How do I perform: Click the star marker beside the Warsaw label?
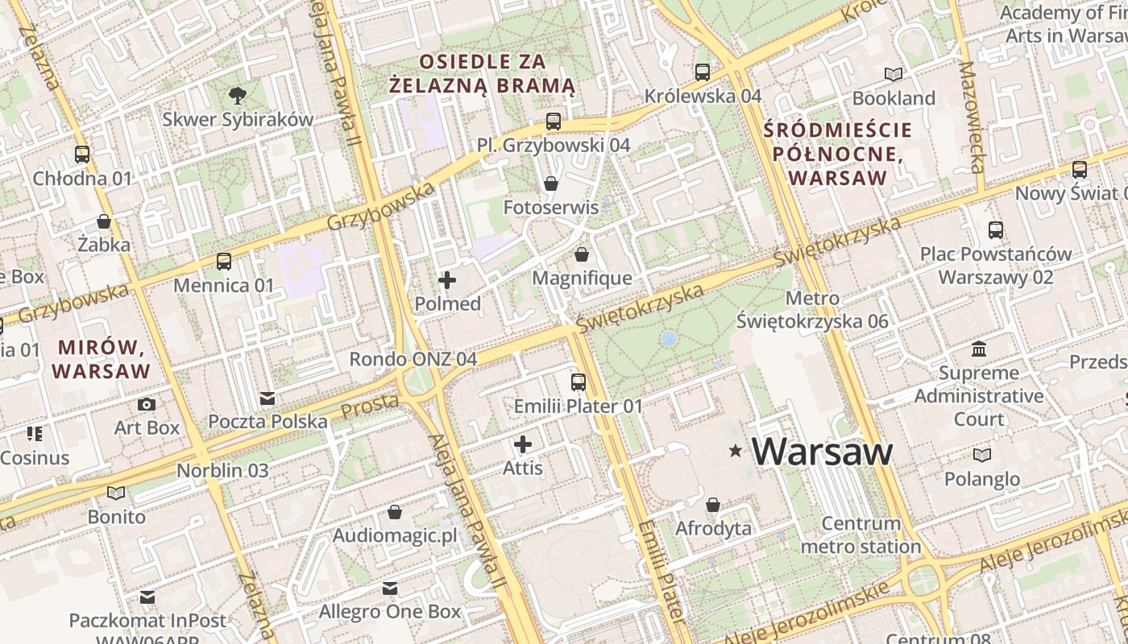(735, 452)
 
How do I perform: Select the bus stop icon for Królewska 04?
(703, 72)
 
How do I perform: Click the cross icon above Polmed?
(447, 280)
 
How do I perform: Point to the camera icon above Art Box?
(146, 404)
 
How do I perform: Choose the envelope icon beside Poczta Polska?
(267, 398)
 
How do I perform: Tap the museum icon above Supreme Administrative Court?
(979, 349)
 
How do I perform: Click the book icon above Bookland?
(894, 75)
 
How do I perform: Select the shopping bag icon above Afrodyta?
(713, 506)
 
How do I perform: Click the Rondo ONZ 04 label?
(413, 359)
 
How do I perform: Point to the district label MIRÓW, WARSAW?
(102, 359)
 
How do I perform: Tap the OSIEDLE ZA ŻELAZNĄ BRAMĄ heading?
(482, 73)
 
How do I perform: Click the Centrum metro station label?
(861, 535)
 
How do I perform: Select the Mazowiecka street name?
(972, 117)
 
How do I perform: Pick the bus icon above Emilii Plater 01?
(579, 382)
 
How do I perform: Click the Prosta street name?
(370, 406)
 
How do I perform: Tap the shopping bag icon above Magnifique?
(582, 255)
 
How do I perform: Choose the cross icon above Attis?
(523, 444)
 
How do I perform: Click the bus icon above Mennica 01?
(224, 262)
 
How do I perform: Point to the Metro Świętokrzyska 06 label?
(812, 310)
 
